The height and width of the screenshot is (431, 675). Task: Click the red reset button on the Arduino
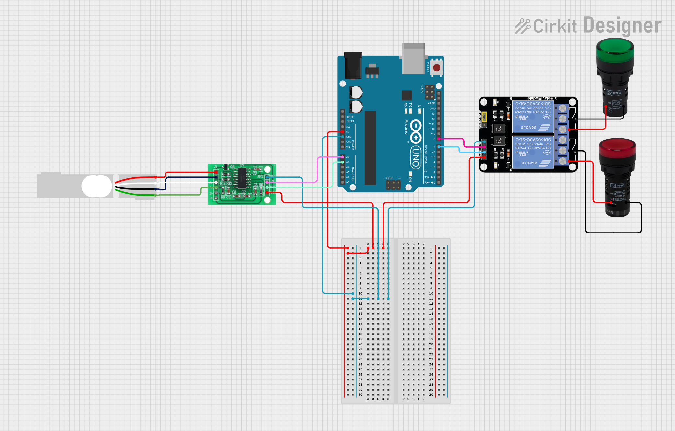click(437, 68)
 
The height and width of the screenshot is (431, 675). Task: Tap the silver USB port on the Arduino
click(413, 59)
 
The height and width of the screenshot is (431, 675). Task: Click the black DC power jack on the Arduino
click(353, 66)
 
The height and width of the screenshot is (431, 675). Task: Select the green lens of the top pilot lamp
click(615, 50)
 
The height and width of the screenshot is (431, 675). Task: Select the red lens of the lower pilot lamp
click(617, 149)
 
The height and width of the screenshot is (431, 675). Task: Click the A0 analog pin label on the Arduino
click(348, 157)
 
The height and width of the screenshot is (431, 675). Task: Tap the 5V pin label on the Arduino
click(348, 132)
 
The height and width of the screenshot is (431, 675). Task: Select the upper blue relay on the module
click(533, 117)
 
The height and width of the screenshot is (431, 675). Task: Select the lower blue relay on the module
click(533, 152)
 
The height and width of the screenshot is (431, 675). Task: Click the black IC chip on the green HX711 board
click(242, 178)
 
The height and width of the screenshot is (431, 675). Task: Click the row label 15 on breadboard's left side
click(360, 319)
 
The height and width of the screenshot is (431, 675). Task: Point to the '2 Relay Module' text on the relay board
click(542, 98)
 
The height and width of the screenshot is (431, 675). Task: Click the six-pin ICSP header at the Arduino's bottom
click(393, 185)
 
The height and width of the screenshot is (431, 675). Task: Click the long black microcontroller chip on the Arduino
click(370, 148)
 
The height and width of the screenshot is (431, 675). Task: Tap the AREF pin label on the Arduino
click(431, 103)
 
